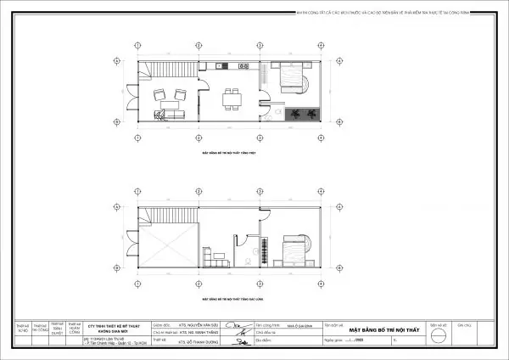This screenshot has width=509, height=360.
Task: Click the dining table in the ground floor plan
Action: click(x=230, y=99)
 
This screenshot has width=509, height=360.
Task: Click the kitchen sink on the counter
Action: click(x=221, y=65)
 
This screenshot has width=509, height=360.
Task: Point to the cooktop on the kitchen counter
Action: click(x=242, y=65)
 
